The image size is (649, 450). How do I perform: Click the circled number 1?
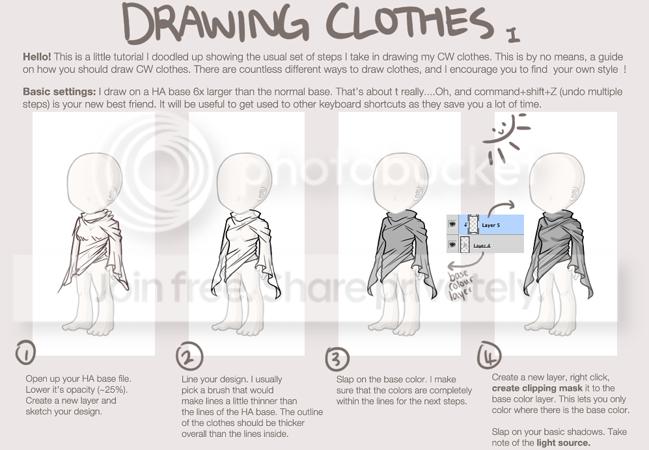25,353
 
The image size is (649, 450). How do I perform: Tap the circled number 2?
189,356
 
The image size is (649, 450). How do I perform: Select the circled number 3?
337,358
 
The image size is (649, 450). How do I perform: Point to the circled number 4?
490,355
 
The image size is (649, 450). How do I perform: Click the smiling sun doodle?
505,139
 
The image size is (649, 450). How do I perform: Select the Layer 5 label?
490,225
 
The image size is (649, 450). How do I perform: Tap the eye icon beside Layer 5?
452,224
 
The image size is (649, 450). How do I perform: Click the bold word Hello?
37,57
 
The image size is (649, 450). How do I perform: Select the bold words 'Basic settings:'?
59,92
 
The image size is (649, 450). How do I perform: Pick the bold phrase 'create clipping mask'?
537,388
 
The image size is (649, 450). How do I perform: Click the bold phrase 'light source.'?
563,443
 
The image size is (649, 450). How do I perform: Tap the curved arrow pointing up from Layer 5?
500,206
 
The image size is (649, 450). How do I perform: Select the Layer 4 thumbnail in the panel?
465,245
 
